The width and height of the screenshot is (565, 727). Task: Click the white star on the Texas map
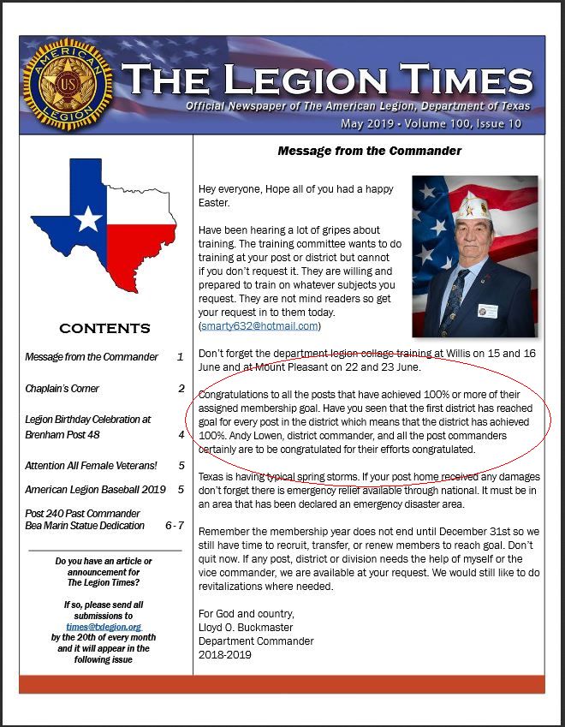click(87, 219)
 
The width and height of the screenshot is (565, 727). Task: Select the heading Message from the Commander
click(369, 151)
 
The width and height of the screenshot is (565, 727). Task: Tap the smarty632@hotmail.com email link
click(259, 326)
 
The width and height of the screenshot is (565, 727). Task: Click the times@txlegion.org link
click(103, 627)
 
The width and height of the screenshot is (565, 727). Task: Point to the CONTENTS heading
click(104, 329)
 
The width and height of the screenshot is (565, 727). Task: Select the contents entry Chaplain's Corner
click(62, 389)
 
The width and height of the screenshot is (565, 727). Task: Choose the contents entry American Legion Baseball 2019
click(96, 490)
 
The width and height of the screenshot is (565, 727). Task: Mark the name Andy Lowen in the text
click(227, 436)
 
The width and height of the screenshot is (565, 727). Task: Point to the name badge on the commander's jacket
click(488, 309)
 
